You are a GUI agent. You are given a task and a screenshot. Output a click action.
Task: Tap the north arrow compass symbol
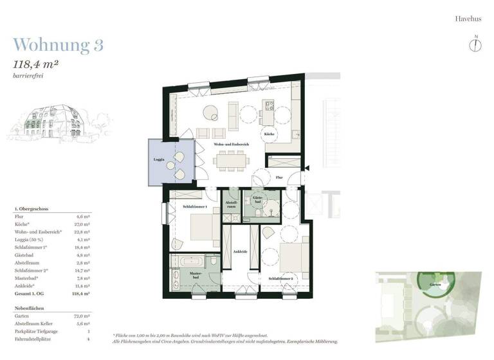(475, 44)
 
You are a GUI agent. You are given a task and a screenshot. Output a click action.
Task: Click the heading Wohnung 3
(58, 44)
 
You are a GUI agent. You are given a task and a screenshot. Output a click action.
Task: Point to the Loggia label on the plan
(159, 159)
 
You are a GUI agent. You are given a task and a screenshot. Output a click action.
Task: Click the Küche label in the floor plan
(270, 133)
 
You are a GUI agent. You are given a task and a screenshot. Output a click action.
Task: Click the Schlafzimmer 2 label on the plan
(280, 278)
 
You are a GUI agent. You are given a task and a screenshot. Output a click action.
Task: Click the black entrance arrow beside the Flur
(306, 168)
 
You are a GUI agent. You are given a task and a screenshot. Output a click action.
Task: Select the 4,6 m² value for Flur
(83, 217)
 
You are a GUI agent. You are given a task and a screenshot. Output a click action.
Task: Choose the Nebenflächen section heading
(30, 308)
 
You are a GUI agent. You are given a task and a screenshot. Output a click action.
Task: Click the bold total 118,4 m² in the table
(82, 292)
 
